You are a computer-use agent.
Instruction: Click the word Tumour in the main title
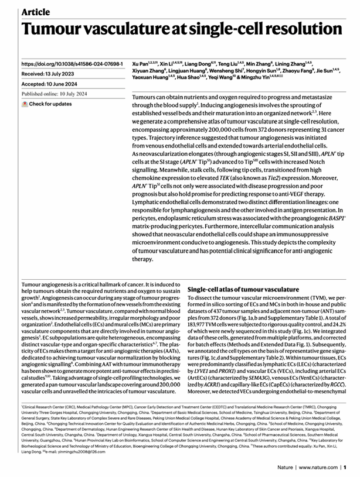[59, 30]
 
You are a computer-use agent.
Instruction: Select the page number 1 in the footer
[345, 467]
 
